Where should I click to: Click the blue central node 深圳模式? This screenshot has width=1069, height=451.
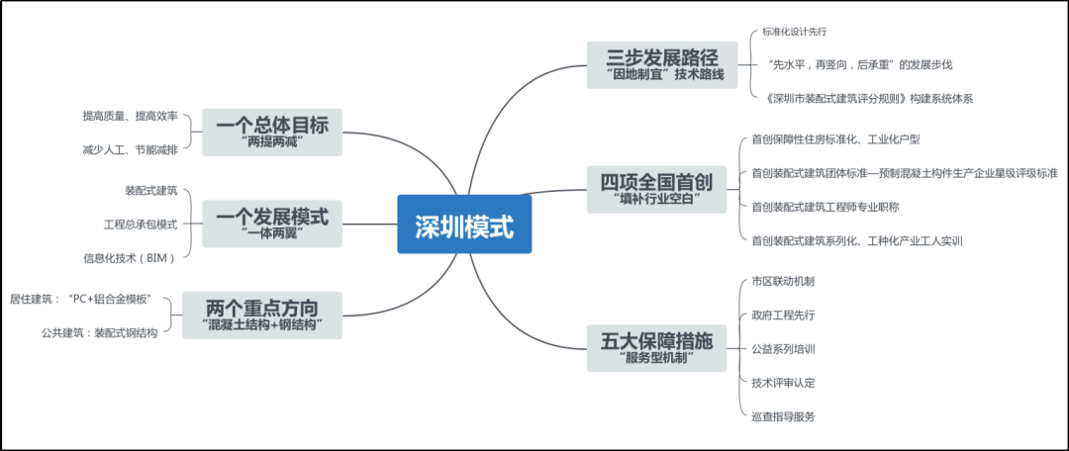463,225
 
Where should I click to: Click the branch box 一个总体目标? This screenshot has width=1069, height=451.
271,131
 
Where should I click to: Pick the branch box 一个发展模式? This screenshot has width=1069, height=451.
271,222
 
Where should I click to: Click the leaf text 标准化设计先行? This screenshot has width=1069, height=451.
794,33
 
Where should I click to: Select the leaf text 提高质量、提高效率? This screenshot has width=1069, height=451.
130,116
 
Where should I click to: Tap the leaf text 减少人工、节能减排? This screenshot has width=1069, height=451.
130,149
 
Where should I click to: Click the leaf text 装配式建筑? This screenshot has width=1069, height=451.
150,189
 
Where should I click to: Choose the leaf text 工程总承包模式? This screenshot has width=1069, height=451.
141,224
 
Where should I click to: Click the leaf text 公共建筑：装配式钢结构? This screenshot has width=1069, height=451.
99,332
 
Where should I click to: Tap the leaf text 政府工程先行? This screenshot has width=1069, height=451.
783,315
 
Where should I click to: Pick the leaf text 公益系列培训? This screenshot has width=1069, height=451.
783,348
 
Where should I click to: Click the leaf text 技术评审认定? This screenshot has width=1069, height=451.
783,382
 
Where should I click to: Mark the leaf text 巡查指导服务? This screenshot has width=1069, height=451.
783,416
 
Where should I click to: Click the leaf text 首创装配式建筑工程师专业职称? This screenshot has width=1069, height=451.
838,207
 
